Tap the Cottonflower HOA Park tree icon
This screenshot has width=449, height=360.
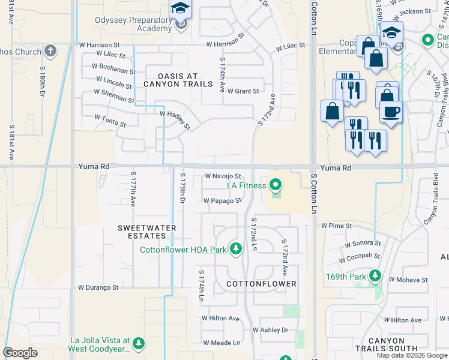237,249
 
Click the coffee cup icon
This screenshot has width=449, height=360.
391,112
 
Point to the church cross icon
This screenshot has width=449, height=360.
50,50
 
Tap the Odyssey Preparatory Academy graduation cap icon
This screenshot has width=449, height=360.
179,10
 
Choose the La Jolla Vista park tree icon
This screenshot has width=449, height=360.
139,343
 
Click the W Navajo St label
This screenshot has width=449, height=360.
223,176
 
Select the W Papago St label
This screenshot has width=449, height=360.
222,201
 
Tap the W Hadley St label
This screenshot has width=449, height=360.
175,119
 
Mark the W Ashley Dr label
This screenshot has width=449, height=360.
270,330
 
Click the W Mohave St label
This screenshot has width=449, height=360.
408,280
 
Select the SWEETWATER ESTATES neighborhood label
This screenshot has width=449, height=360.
146,232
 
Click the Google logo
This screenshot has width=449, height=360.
20,353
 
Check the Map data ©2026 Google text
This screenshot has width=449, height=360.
412,355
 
